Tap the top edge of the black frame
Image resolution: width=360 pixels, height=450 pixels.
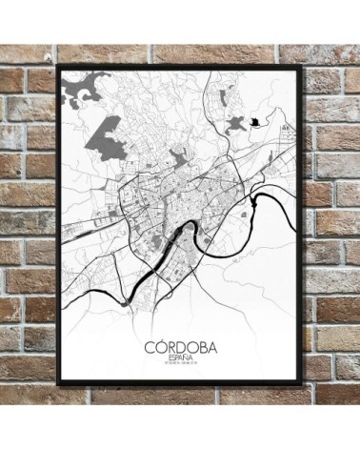[181, 65]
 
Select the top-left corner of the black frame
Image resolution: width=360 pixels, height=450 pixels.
[60, 66]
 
